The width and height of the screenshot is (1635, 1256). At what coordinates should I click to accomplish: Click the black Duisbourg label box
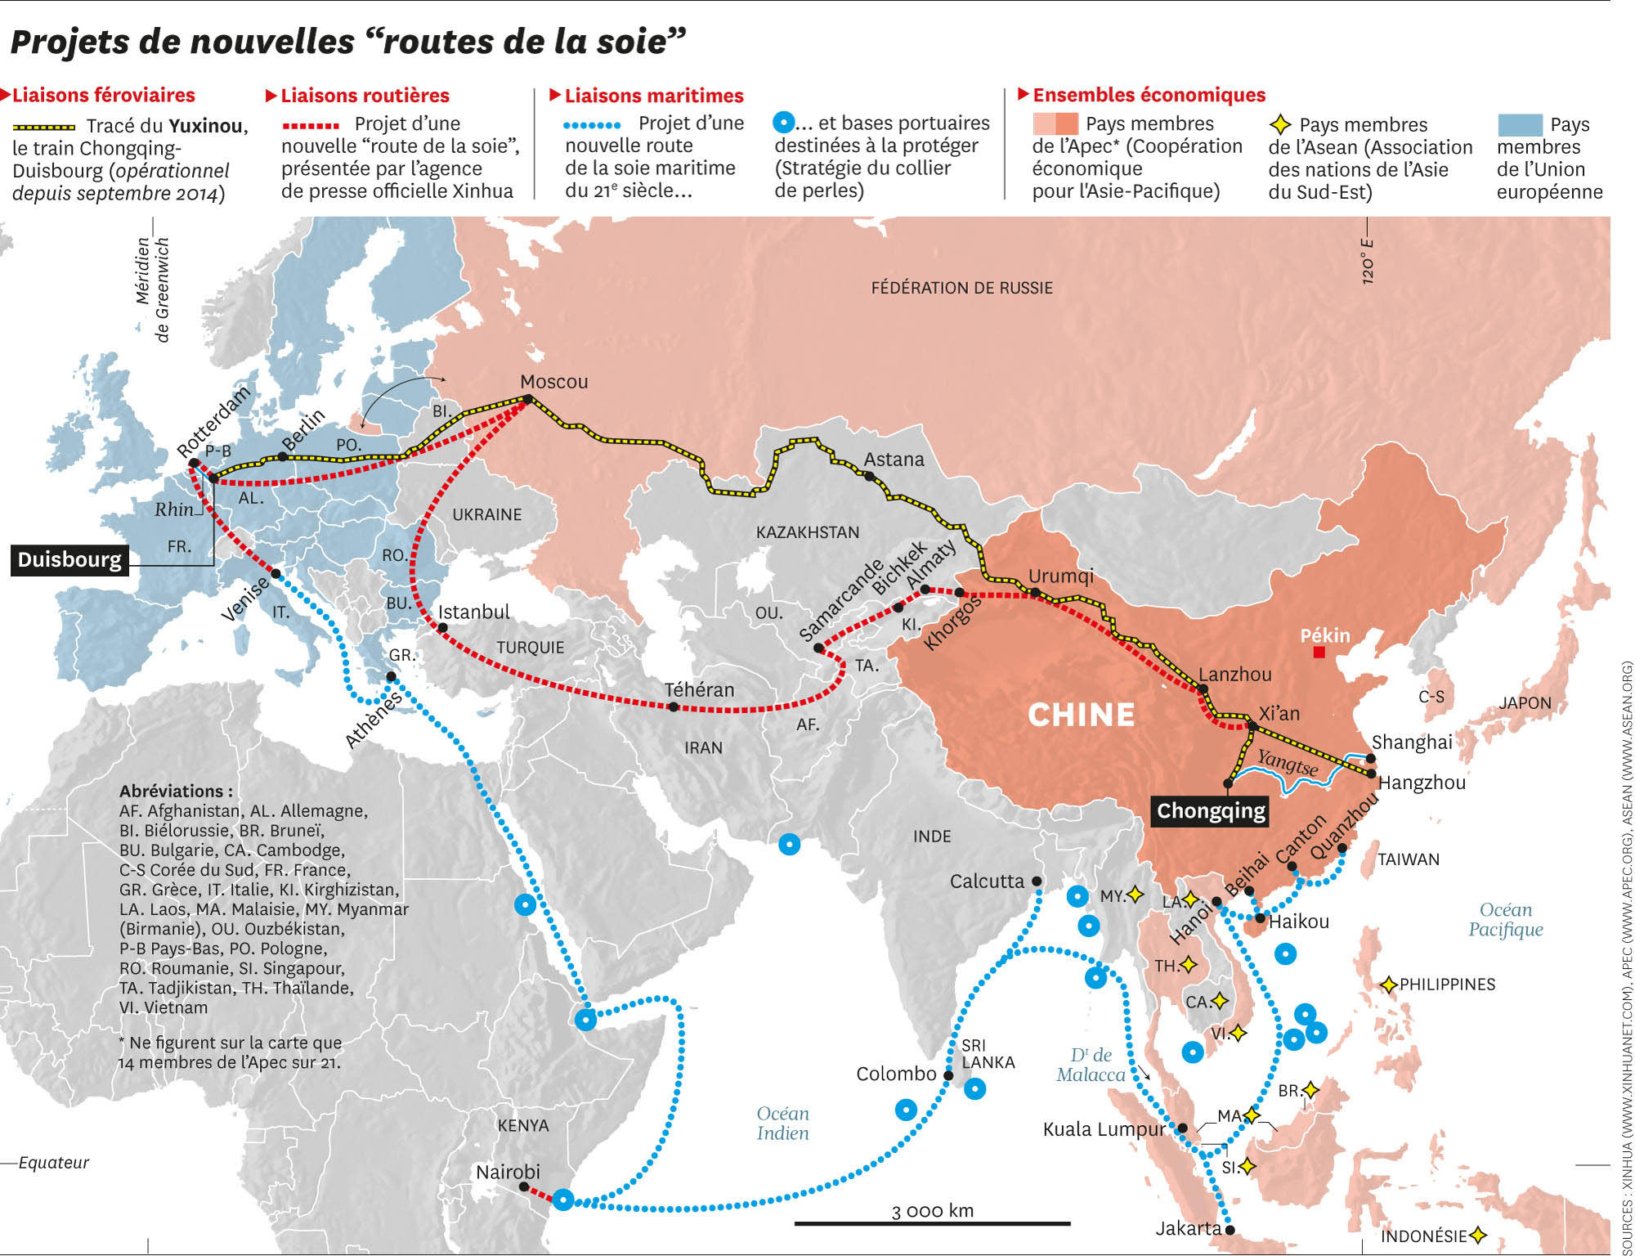(x=69, y=560)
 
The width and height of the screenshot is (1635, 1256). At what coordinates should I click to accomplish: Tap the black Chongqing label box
(x=1211, y=810)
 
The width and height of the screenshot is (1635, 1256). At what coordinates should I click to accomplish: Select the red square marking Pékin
(x=1319, y=653)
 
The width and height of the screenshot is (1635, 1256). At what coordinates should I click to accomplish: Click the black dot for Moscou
(x=528, y=399)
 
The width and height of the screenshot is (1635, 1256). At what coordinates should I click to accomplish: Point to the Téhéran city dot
(x=673, y=706)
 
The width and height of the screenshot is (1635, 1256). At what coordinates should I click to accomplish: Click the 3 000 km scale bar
(x=932, y=1224)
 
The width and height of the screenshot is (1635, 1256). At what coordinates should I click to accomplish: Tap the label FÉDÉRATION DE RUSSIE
(x=961, y=288)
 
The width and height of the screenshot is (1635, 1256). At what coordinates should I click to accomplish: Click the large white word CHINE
(x=1081, y=715)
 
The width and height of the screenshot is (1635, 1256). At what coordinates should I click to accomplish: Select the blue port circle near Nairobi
(x=562, y=1200)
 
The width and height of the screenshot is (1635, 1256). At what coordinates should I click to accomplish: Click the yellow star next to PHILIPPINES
(x=1388, y=985)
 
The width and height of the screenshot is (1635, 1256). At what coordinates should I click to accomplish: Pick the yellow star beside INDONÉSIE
(x=1477, y=1235)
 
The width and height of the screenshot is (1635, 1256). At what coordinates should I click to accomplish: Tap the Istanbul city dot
(x=442, y=628)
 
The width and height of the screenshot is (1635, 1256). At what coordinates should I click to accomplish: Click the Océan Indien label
(x=782, y=1124)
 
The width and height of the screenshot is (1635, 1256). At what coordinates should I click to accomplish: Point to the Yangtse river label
(x=1287, y=762)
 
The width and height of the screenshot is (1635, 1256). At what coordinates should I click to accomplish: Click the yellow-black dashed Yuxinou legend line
(x=44, y=127)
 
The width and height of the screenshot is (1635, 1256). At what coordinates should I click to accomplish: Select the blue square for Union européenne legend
(x=1520, y=125)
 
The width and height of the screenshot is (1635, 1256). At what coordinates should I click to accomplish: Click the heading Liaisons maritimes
(x=653, y=96)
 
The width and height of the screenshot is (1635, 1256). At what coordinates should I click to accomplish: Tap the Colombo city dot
(x=948, y=1075)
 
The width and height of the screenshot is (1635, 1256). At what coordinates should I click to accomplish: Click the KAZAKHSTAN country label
(x=807, y=532)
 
